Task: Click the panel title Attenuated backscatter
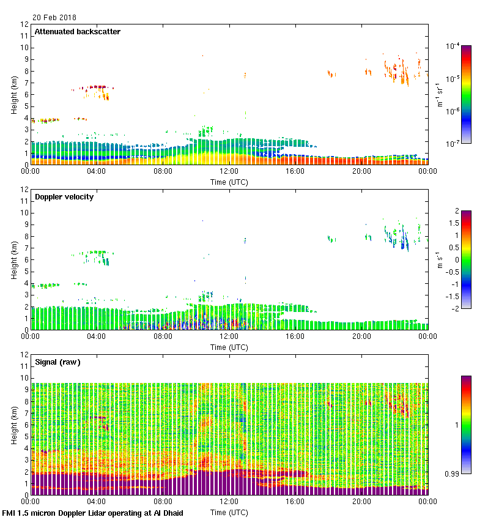point(78,32)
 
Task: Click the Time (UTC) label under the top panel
point(229,182)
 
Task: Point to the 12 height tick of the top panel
point(25,24)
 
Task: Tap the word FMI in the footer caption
point(9,513)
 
